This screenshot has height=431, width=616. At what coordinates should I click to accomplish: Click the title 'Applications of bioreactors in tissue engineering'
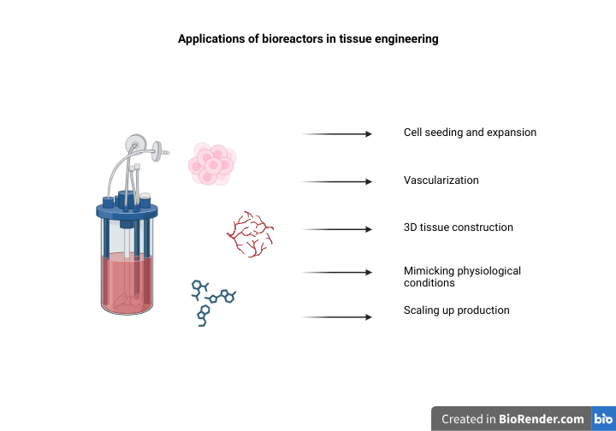click(x=308, y=39)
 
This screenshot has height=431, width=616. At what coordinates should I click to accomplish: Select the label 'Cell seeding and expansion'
click(x=470, y=133)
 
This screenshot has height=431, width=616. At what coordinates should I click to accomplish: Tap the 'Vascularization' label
click(x=441, y=180)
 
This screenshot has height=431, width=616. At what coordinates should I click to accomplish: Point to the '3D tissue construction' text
click(x=458, y=227)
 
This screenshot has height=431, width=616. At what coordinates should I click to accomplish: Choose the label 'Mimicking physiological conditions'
click(x=462, y=276)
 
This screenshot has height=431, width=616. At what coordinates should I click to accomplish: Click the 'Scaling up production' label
click(x=456, y=310)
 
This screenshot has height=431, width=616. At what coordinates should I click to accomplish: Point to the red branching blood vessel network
click(x=250, y=233)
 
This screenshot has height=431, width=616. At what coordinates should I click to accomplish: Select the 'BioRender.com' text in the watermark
click(x=542, y=419)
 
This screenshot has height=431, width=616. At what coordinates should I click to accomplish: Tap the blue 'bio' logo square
click(x=603, y=419)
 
